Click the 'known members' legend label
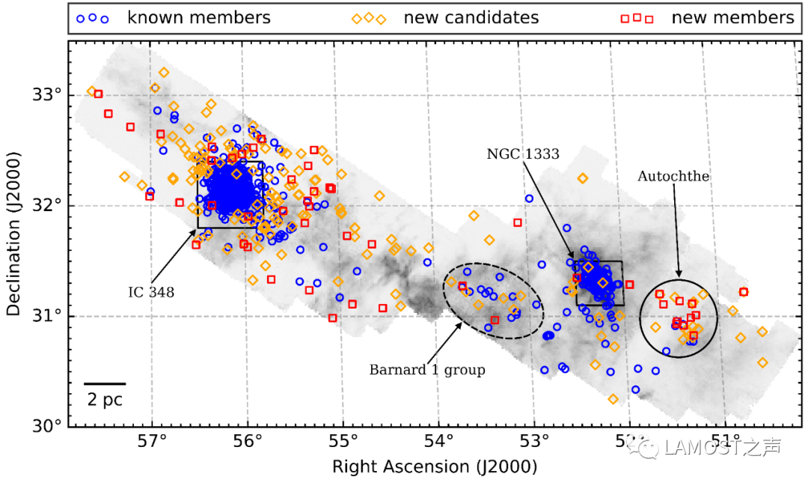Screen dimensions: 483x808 point(199,17)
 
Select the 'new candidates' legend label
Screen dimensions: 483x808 point(471,17)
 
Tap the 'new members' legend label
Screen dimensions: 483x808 point(732,17)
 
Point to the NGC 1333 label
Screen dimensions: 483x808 point(523,154)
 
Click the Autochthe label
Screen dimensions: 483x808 point(673,177)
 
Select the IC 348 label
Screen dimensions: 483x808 point(151,292)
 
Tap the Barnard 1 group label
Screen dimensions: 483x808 point(427,370)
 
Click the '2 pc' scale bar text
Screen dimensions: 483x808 point(104,400)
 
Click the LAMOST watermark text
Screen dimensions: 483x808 point(719,448)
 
